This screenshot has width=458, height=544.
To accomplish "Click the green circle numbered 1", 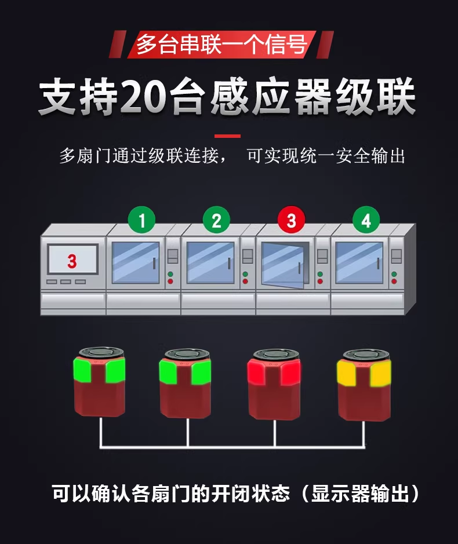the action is pos(141,220).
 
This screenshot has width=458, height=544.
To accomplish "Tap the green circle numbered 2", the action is pos(216,220).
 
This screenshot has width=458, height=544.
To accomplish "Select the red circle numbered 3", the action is pos(292,220).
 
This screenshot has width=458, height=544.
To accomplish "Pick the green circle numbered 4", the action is pos(366,220).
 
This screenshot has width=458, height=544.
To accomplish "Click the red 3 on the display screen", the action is pos(72,261).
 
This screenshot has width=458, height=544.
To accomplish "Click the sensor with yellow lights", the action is pos(364,385).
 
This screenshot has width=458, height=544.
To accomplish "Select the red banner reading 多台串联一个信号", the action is pos(221,45).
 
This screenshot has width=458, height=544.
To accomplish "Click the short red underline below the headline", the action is pos(227,136).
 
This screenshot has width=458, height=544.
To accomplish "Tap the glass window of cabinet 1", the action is pos(136,262).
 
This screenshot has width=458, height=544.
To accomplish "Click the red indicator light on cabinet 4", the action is pos(394,281).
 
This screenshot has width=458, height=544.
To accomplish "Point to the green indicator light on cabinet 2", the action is pos(245,274).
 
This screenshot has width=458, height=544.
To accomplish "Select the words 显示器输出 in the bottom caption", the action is pos(360,493).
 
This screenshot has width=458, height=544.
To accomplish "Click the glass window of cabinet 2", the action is pos(210,262).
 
